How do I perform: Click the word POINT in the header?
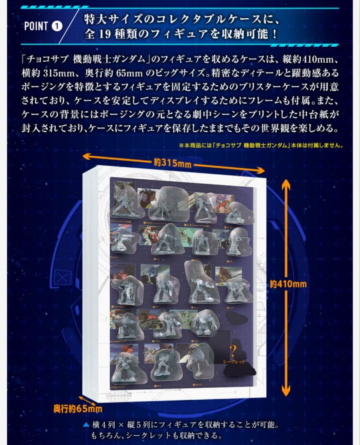click(x=36, y=26)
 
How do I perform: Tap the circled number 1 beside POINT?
click(x=57, y=26)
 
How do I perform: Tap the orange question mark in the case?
click(x=234, y=351)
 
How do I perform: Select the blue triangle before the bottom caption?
click(x=86, y=424)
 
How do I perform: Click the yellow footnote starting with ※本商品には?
click(x=261, y=145)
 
